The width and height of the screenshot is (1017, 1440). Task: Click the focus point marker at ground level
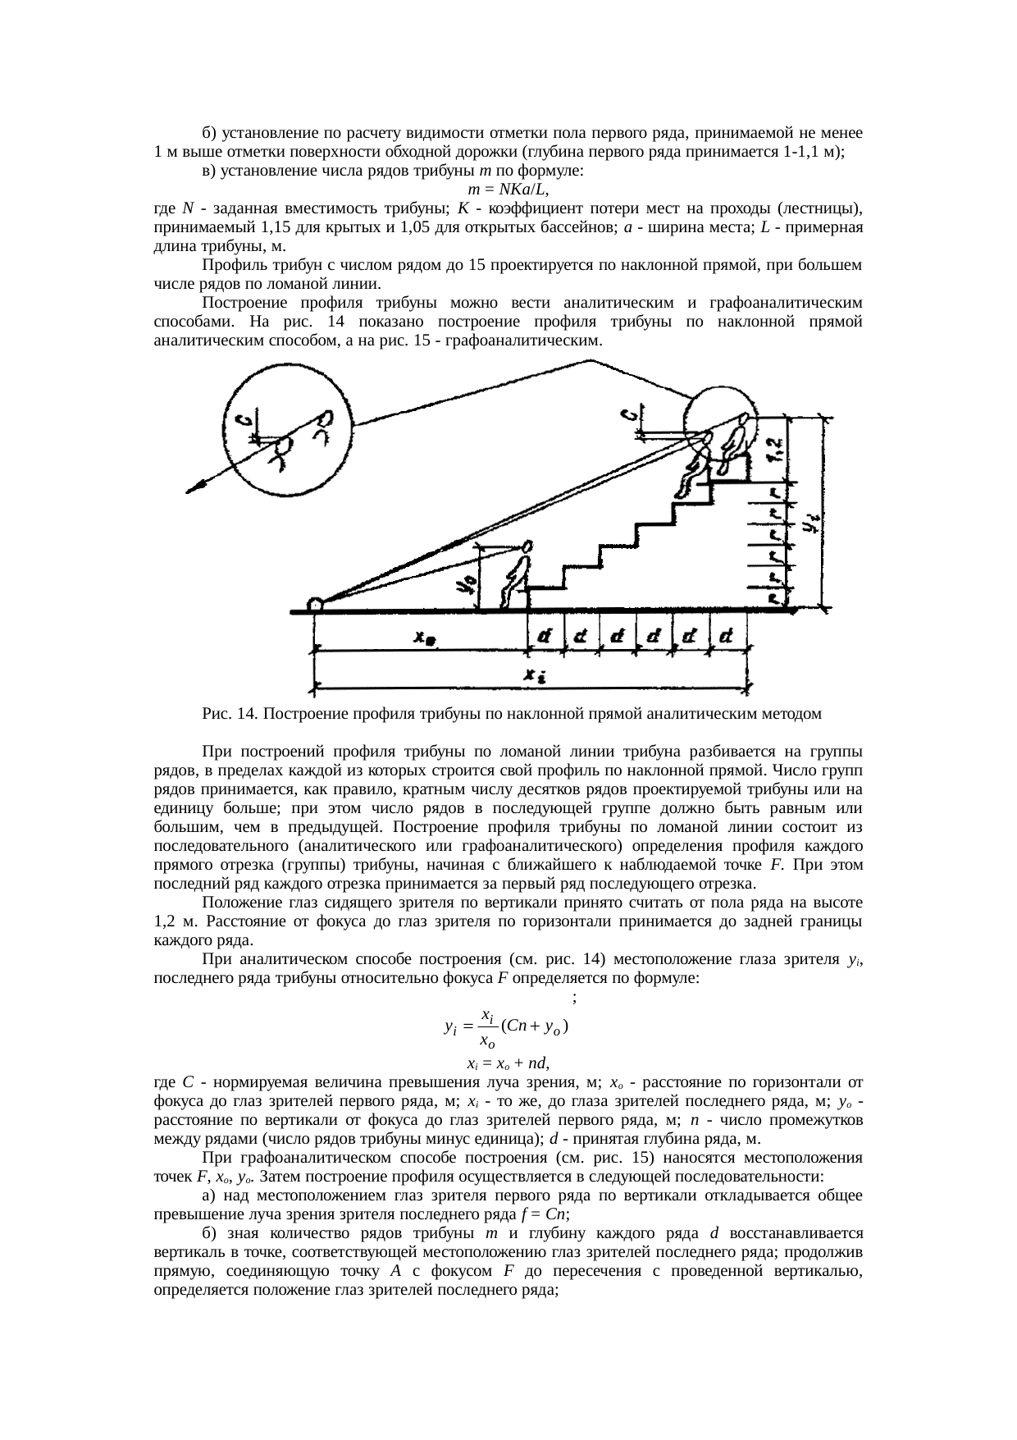coord(315,606)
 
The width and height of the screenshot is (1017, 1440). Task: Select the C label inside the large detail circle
coord(244,423)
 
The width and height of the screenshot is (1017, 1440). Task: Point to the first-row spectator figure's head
coord(527,546)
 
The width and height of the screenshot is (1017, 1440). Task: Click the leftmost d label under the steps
coord(544,637)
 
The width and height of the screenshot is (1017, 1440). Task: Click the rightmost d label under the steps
coord(726,637)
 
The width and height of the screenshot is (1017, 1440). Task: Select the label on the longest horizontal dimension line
coord(532,676)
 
